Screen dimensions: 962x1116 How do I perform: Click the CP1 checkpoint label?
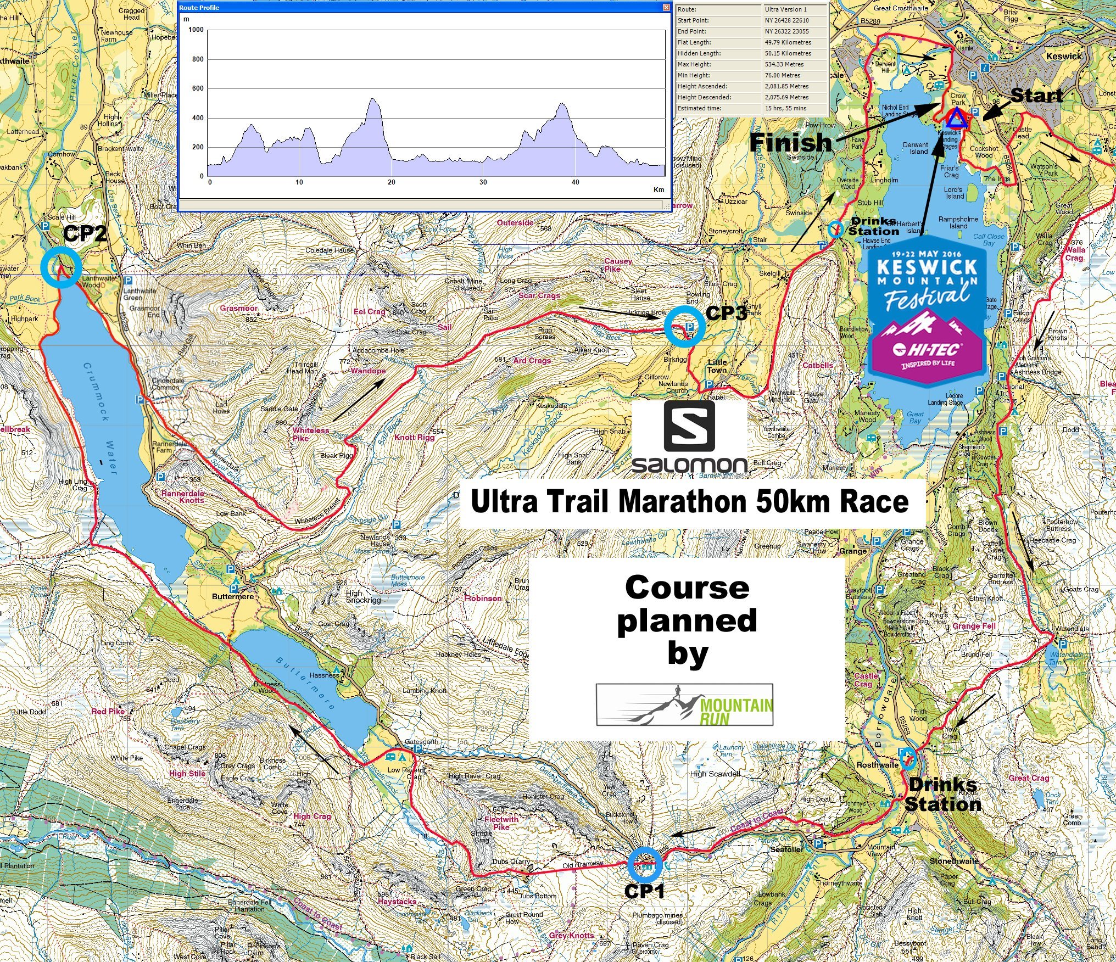coord(645,890)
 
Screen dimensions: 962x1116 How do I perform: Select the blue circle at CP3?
coord(684,326)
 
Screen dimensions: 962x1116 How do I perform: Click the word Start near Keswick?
coord(1036,96)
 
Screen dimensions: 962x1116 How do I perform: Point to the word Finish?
coord(791,143)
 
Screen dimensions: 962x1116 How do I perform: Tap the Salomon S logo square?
coord(689,426)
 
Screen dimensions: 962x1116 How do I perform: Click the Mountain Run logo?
coord(685,704)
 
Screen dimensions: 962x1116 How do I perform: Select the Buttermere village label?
coord(233,596)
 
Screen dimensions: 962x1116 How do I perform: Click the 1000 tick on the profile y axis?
coord(196,30)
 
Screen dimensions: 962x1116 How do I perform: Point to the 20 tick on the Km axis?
coord(391,182)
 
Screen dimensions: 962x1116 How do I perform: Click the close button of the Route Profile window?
coord(666,8)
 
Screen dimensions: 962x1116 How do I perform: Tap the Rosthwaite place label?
coord(877,765)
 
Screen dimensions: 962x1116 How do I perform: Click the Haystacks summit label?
coord(397,902)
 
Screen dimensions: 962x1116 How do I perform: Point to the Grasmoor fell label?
coord(239,308)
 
